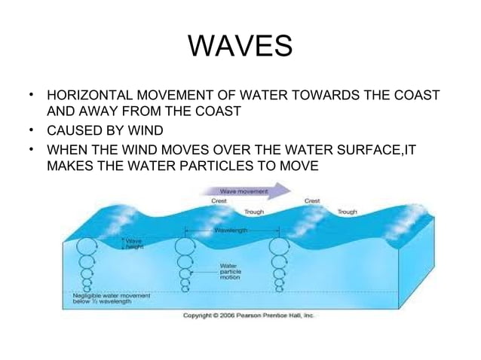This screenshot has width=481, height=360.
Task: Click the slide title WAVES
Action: click(x=240, y=46)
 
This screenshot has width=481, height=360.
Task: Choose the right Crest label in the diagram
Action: click(x=312, y=201)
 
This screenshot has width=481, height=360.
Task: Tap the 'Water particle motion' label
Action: click(x=230, y=271)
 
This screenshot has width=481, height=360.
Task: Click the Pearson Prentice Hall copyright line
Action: click(x=249, y=316)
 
